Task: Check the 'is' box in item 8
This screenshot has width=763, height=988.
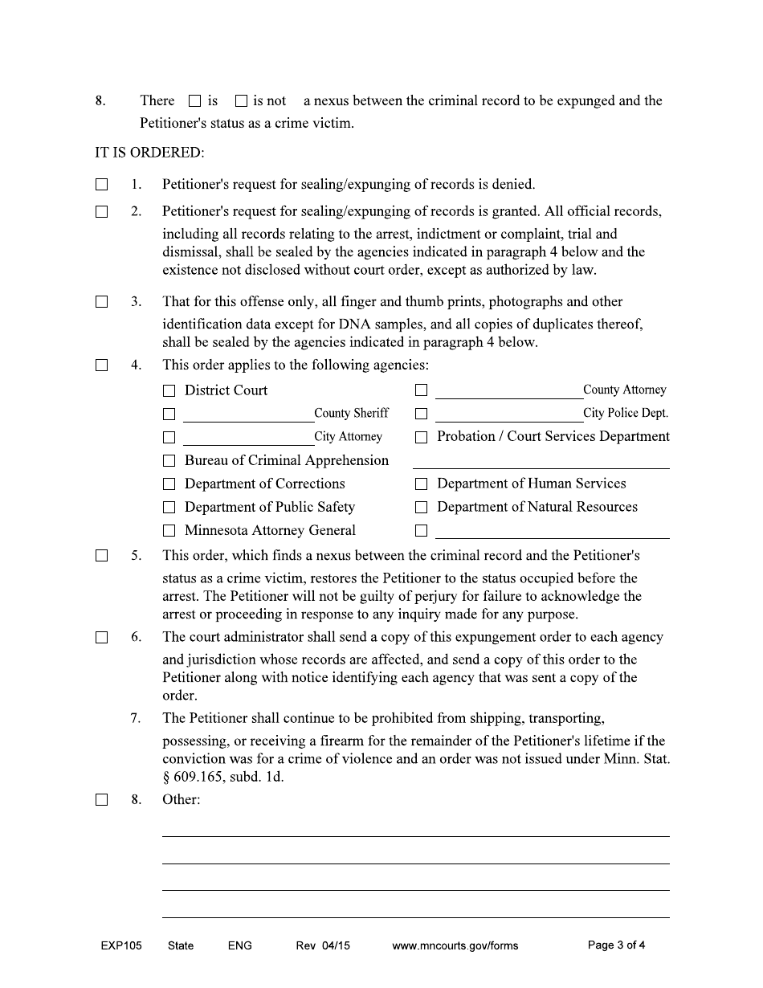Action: coord(194,101)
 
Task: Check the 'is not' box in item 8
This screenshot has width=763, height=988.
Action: coord(241,101)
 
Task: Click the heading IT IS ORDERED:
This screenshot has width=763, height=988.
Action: coord(149,153)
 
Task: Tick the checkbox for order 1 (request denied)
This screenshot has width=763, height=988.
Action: coord(101,185)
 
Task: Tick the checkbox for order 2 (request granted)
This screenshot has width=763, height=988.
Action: coord(101,212)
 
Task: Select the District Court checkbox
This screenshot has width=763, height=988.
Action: coord(169,391)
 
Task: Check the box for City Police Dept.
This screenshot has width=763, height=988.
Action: coord(421,414)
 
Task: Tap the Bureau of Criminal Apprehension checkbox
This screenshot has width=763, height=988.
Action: coord(169,461)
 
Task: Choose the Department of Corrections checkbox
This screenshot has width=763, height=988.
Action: coord(169,484)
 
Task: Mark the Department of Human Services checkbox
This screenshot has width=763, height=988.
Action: coord(421,484)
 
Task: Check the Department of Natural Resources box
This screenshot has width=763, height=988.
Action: coord(421,508)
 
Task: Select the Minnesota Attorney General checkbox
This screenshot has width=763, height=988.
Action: coord(169,531)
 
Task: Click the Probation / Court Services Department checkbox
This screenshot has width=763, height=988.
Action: coord(421,438)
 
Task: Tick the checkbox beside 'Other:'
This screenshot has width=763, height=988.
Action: coord(101,800)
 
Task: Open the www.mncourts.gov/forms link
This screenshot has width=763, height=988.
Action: coord(455,945)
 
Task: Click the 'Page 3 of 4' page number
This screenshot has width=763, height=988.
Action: coord(616,945)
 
